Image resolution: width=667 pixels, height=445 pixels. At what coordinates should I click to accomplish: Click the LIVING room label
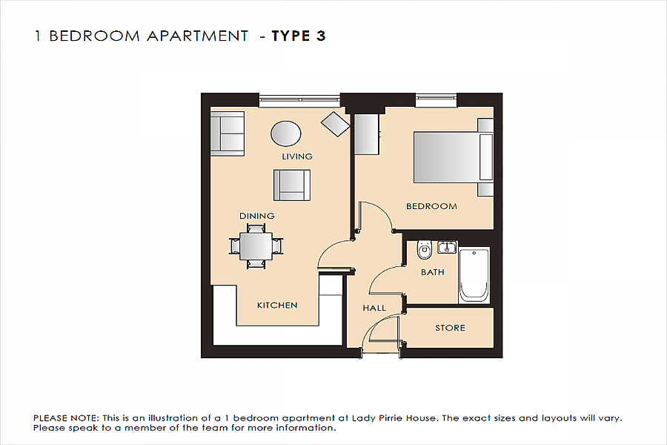[x=297, y=156]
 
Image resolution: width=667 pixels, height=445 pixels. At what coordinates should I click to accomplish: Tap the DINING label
[x=257, y=216]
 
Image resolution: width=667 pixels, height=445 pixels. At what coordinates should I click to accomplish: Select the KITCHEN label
[x=277, y=305]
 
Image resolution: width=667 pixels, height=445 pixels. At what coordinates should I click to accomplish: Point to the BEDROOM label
[x=431, y=206]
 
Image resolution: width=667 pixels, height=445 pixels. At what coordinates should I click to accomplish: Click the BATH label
[x=433, y=272]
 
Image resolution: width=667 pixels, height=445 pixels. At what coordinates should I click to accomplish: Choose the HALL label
[x=374, y=308]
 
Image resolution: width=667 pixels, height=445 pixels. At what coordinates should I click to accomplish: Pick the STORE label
[x=450, y=328]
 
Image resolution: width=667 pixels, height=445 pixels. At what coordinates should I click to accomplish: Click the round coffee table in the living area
[x=286, y=134]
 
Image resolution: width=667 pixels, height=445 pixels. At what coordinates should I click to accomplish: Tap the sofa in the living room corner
[x=228, y=133]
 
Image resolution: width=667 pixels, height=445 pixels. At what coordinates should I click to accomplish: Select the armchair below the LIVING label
[x=291, y=185]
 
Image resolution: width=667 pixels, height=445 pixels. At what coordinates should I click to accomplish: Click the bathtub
[x=474, y=275]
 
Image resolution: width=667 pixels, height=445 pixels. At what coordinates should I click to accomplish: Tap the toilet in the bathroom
[x=425, y=250]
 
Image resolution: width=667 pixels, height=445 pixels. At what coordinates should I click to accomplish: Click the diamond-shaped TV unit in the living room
[x=335, y=123]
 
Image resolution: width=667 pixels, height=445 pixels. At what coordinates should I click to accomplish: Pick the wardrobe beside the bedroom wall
[x=366, y=133]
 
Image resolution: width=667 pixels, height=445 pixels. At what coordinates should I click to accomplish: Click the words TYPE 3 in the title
[x=299, y=36]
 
